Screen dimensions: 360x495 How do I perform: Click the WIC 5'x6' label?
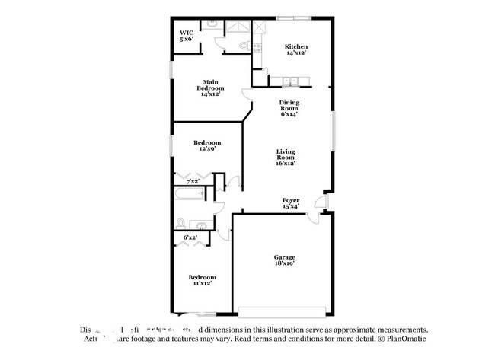click(x=187, y=35)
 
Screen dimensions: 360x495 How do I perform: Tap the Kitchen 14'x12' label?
click(x=296, y=50)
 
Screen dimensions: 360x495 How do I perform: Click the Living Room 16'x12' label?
click(x=286, y=158)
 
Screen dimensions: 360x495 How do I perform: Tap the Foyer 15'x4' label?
click(x=291, y=202)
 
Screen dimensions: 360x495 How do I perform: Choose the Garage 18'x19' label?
click(x=285, y=260)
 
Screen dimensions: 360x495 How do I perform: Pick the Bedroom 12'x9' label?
click(x=206, y=146)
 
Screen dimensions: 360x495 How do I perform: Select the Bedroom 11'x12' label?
click(x=202, y=280)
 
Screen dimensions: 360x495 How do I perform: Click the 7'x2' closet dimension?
click(x=192, y=182)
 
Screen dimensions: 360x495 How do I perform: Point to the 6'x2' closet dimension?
click(x=190, y=238)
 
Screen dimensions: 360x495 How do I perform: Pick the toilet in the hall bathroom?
click(x=181, y=223)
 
